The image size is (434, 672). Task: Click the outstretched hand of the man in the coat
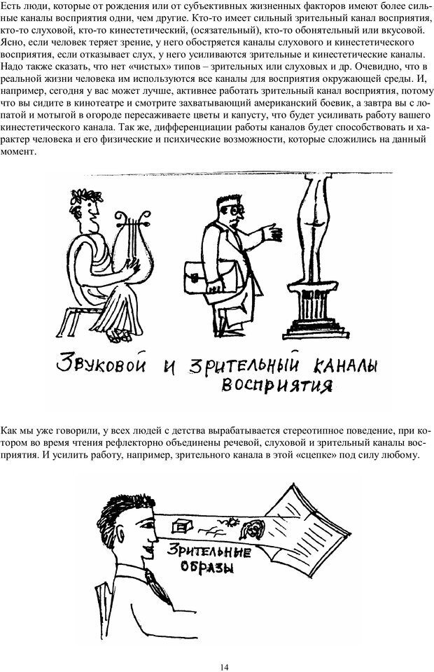272,232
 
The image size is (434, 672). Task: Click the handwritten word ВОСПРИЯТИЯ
276,385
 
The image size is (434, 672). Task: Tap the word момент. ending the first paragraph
17,152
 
